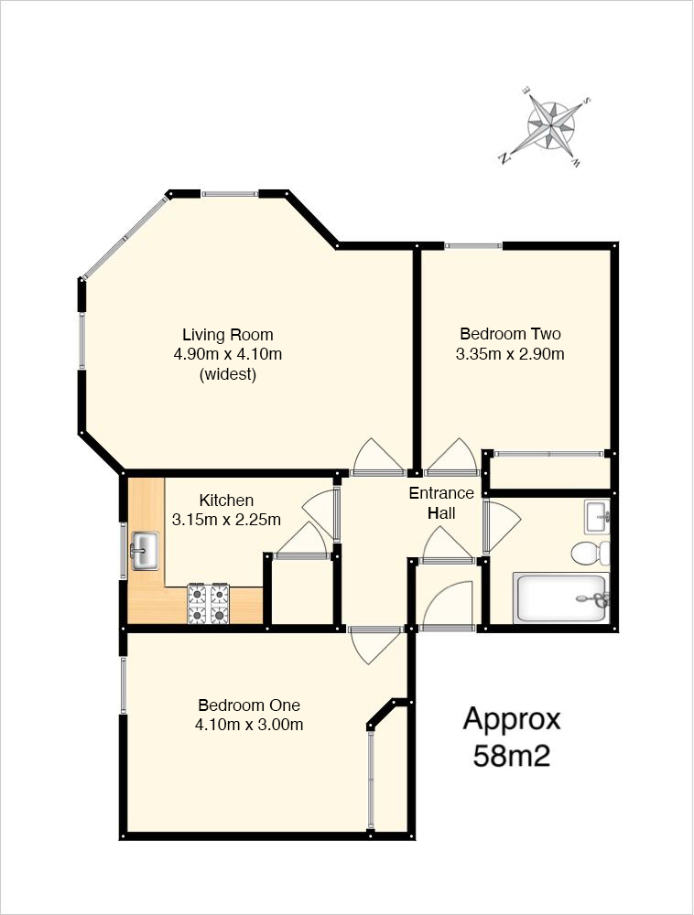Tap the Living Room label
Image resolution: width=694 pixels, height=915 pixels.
pyautogui.click(x=228, y=335)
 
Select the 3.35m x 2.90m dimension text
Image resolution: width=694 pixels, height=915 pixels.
pyautogui.click(x=510, y=353)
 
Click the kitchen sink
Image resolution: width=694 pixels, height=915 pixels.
pyautogui.click(x=145, y=551)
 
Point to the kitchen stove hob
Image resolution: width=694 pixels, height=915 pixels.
pyautogui.click(x=208, y=603)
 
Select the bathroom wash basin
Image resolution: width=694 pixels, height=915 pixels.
pyautogui.click(x=597, y=516)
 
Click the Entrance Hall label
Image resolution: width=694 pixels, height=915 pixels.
pyautogui.click(x=441, y=503)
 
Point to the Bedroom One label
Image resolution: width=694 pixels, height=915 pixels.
pyautogui.click(x=249, y=705)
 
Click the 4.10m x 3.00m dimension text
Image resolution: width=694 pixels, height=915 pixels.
pyautogui.click(x=249, y=725)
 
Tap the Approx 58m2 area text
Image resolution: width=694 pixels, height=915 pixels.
pyautogui.click(x=511, y=737)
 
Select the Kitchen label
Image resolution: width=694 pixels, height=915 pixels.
pyautogui.click(x=226, y=501)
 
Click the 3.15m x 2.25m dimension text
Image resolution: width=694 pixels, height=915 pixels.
pyautogui.click(x=226, y=520)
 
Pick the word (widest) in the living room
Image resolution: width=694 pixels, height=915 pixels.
pyautogui.click(x=228, y=374)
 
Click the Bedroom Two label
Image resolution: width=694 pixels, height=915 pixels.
pyautogui.click(x=510, y=334)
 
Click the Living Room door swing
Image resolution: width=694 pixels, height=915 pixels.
pyautogui.click(x=377, y=455)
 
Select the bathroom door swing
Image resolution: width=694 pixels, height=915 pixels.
pyautogui.click(x=502, y=527)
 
